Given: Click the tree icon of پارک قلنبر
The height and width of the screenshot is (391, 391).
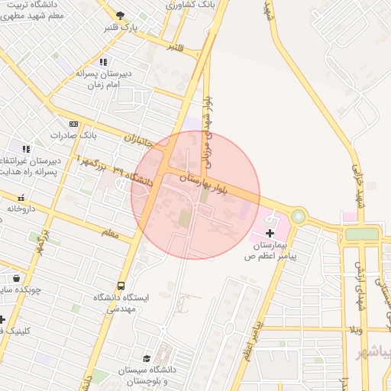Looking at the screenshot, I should (x=119, y=15).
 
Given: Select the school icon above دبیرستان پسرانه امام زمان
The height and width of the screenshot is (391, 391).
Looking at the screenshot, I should (x=103, y=62).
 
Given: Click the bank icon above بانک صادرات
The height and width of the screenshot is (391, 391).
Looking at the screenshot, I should (x=73, y=124).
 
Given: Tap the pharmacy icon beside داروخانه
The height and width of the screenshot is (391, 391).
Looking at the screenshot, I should (x=21, y=198).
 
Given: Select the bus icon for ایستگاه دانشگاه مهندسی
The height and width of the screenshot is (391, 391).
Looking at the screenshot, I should (x=121, y=286).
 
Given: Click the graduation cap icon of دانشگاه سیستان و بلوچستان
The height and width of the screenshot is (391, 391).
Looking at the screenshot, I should (x=147, y=358).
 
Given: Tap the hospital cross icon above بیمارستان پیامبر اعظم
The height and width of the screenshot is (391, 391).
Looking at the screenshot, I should (x=269, y=231).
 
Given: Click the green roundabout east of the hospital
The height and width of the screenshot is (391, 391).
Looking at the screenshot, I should (x=297, y=217).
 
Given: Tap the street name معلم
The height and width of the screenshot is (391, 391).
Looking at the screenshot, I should (x=110, y=233).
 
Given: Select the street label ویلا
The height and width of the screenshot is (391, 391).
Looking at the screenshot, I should (x=355, y=329).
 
